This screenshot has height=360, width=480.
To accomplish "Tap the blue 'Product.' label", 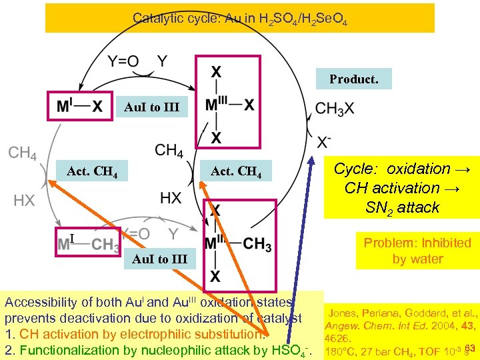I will (x=353, y=79).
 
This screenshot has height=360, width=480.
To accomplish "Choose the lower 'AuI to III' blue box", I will (x=160, y=259).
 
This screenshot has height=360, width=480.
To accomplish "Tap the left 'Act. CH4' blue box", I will (x=93, y=172).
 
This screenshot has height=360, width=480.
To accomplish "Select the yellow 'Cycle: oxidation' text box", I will (x=401, y=187).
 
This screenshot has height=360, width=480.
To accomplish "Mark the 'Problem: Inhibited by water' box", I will (x=417, y=250).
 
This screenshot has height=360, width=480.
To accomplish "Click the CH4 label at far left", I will (x=22, y=153).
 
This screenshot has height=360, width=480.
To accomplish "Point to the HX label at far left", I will (x=24, y=199).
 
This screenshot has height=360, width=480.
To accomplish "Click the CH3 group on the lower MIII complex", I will (x=257, y=244).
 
